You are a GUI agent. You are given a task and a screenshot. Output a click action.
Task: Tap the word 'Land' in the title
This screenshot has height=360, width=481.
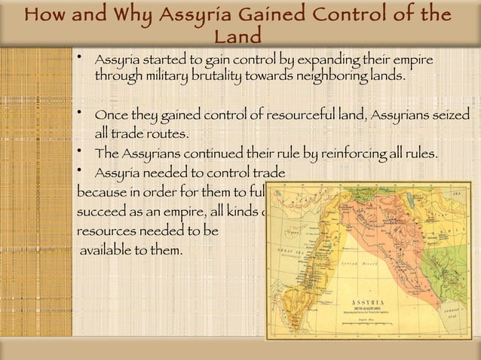coord(238,36)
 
